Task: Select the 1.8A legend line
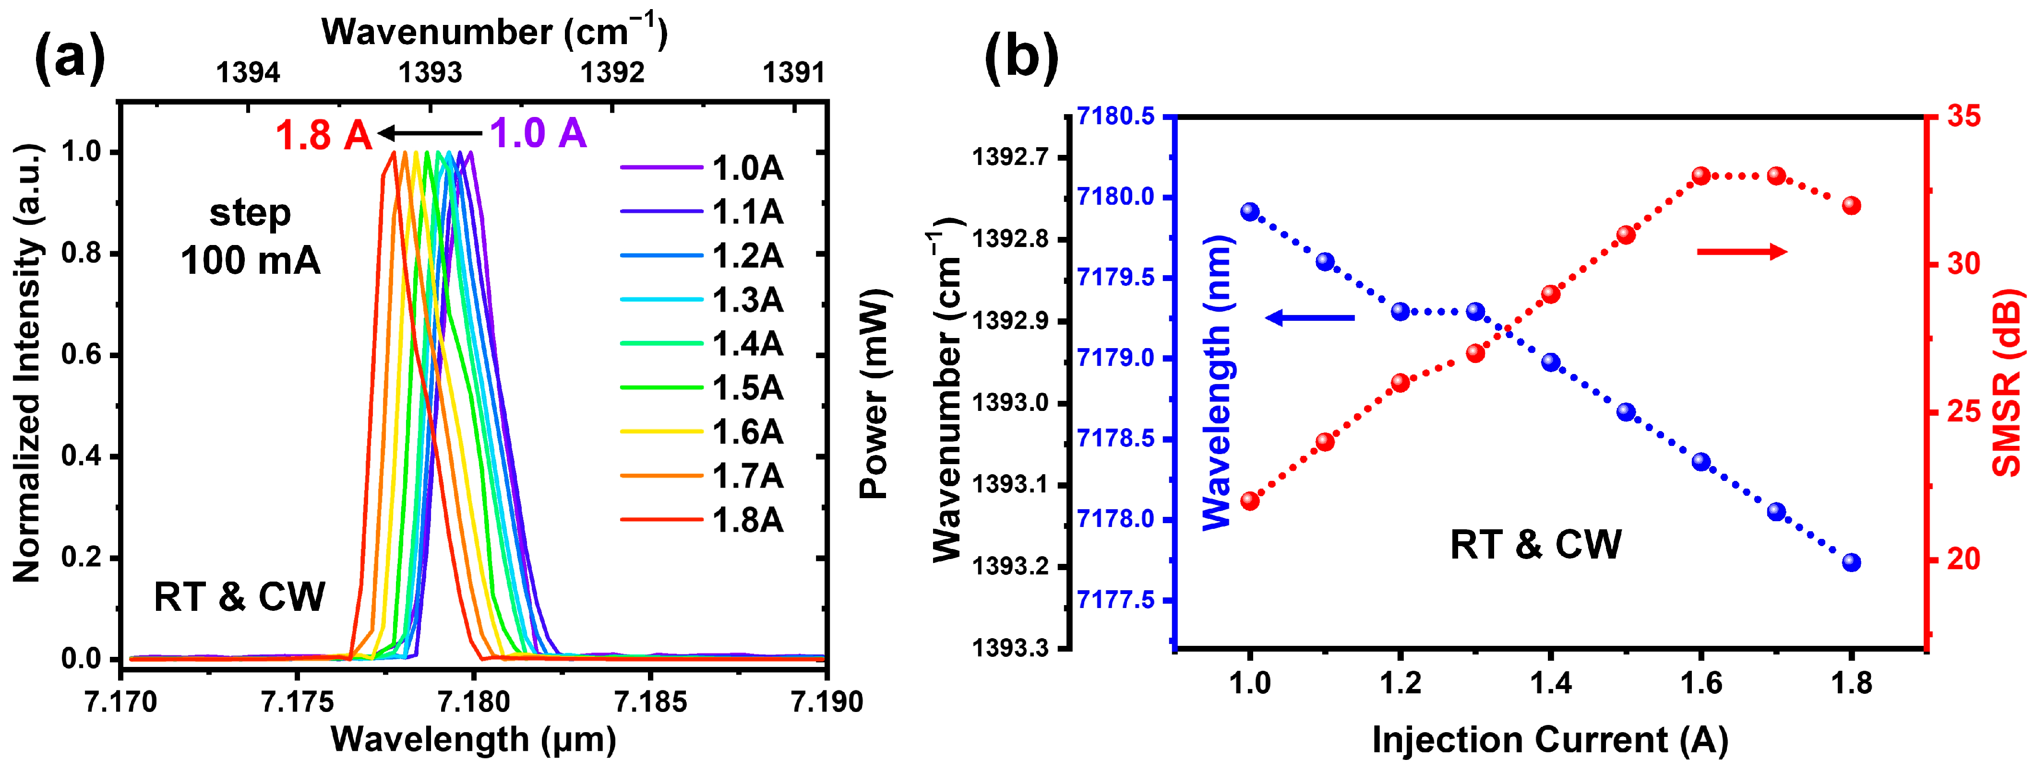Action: click(661, 520)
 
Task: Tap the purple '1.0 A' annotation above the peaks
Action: click(538, 133)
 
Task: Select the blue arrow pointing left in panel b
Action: click(1310, 317)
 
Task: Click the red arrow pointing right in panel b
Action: click(1742, 252)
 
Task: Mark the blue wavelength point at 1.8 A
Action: click(1851, 562)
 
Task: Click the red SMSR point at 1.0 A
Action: click(1249, 501)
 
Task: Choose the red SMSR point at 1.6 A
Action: click(1701, 176)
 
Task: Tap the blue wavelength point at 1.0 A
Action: click(1249, 211)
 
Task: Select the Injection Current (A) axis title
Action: click(1549, 740)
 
